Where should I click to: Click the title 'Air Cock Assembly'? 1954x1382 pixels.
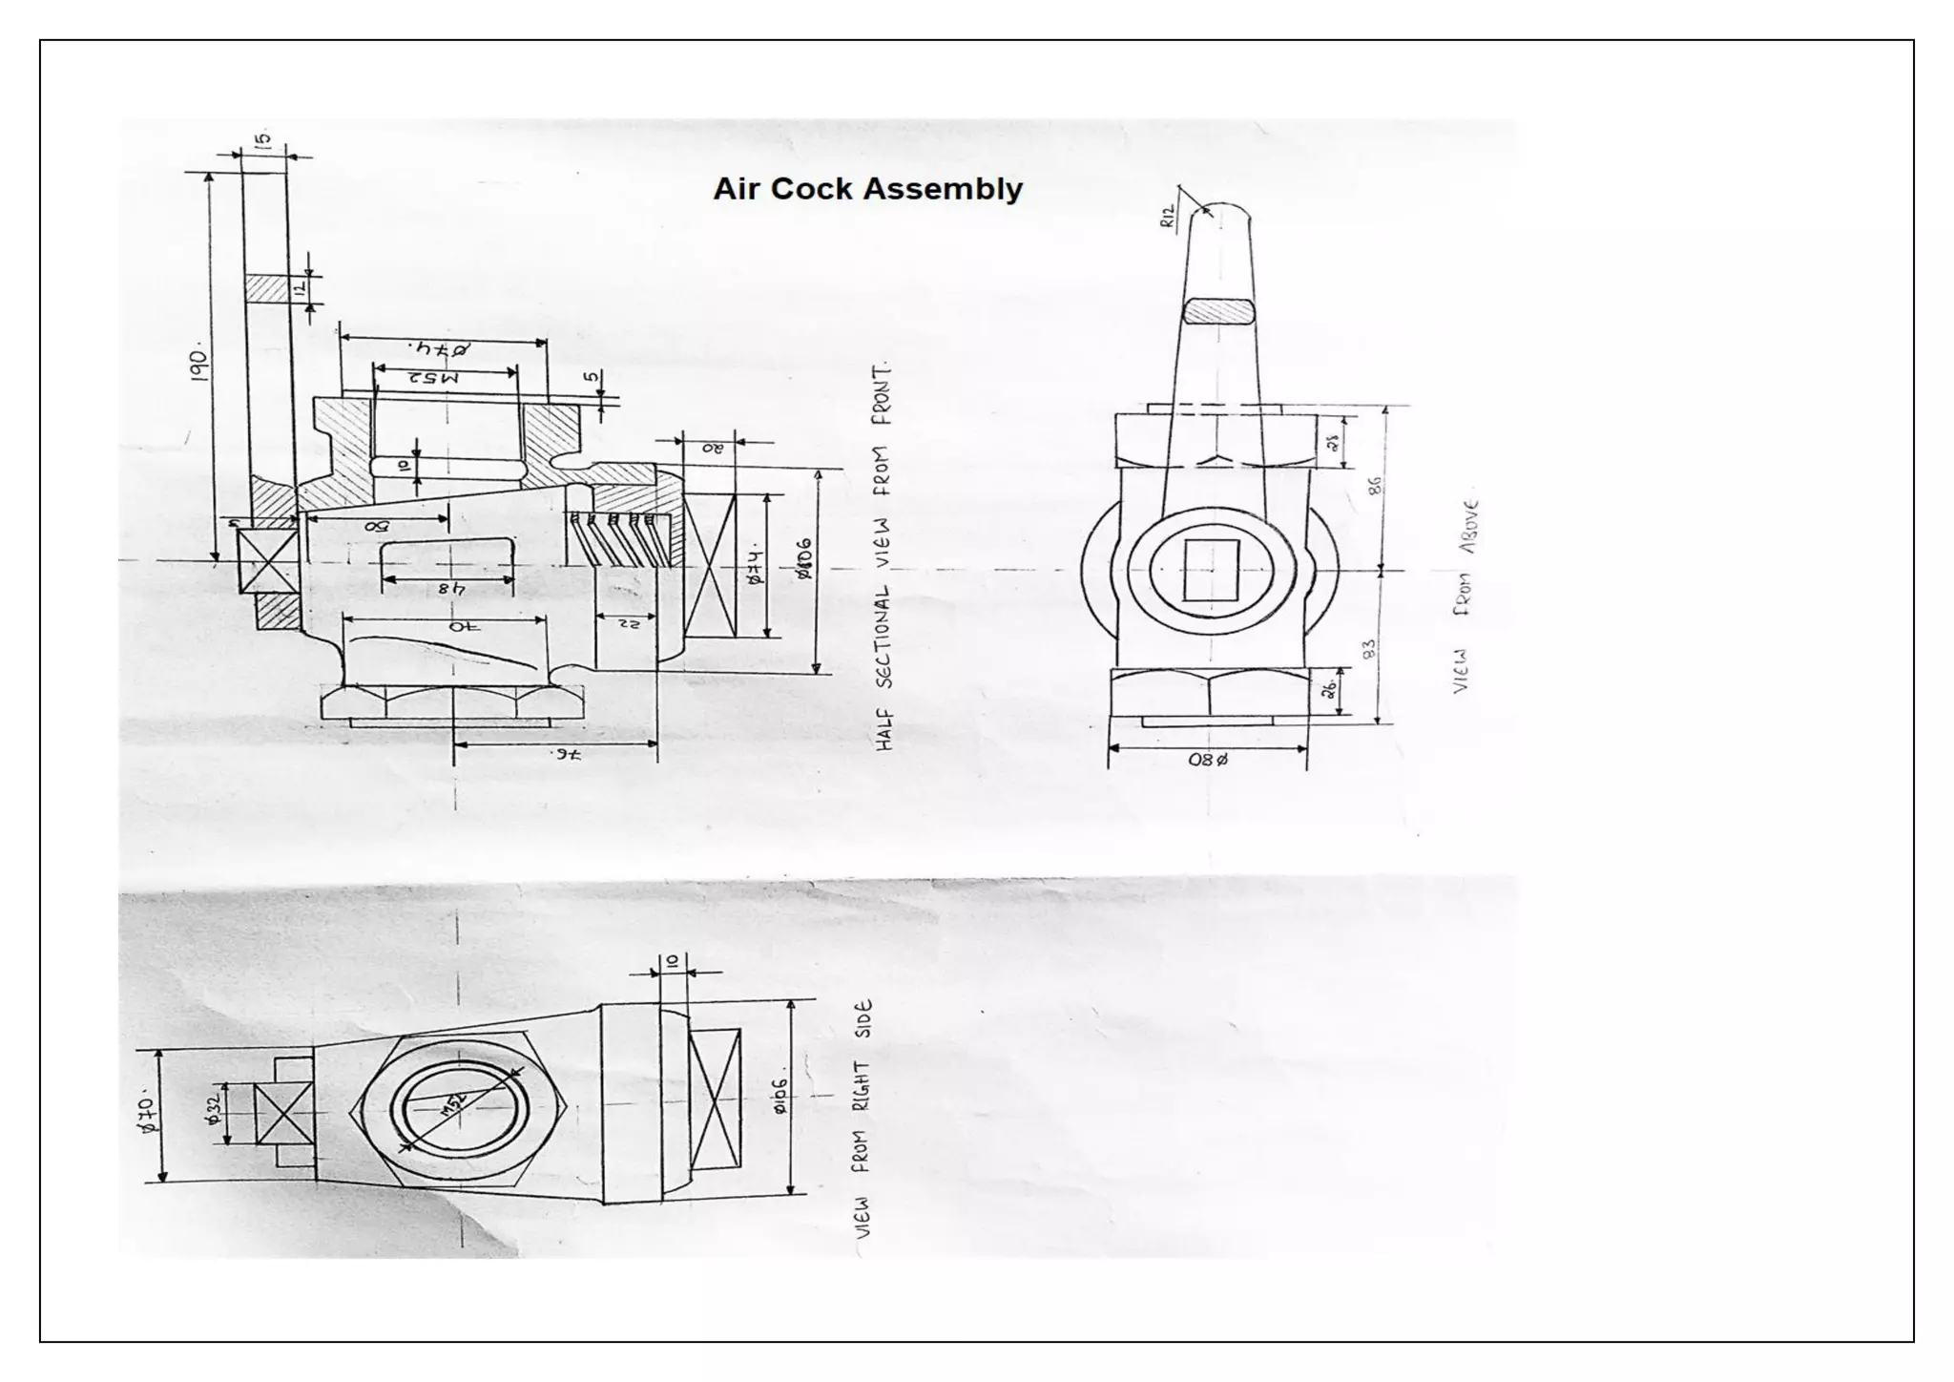[867, 189]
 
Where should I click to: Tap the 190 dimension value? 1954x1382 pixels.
[198, 365]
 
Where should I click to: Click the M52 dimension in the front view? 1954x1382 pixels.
[434, 379]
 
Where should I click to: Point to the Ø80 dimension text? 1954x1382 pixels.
[1207, 761]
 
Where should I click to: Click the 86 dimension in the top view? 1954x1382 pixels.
[1374, 486]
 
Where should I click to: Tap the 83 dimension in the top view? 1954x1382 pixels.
[1370, 650]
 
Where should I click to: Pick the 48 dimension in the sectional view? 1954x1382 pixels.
[451, 589]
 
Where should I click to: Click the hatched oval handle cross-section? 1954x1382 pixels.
[1219, 312]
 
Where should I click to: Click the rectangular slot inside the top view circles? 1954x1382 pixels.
[1211, 571]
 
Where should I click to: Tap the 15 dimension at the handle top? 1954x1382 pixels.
[264, 139]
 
